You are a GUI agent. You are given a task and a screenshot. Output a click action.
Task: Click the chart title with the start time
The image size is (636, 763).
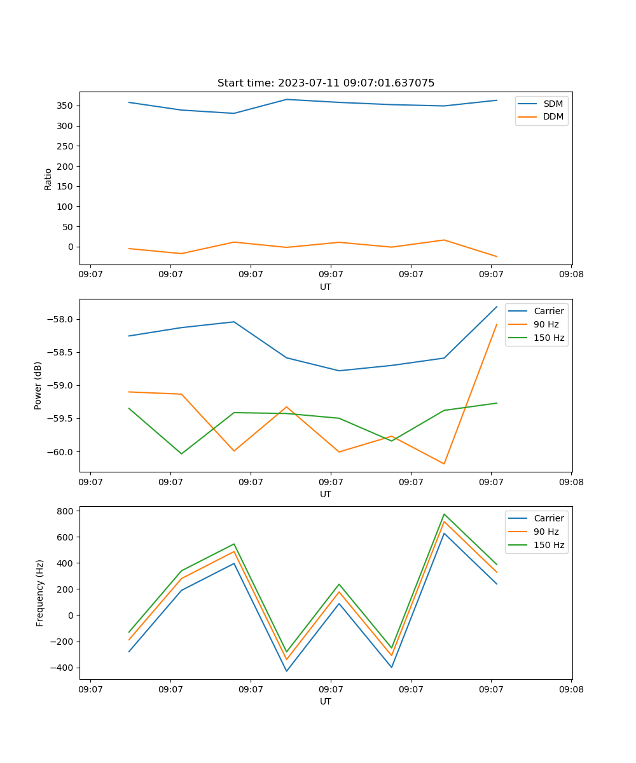click(x=326, y=83)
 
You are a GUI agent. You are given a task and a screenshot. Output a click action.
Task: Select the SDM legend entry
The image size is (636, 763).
click(x=553, y=104)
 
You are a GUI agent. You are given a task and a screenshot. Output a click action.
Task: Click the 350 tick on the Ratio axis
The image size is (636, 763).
click(x=66, y=106)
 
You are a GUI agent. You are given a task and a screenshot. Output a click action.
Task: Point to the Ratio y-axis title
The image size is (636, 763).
click(x=48, y=179)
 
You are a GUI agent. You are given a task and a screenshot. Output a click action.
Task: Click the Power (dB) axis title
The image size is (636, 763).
click(x=38, y=385)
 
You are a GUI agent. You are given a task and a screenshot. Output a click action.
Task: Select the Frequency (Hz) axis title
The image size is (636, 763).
click(x=40, y=593)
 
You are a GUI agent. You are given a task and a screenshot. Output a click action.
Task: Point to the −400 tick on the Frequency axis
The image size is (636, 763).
click(x=64, y=668)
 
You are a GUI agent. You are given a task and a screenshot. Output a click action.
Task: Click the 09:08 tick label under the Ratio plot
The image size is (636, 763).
click(x=571, y=275)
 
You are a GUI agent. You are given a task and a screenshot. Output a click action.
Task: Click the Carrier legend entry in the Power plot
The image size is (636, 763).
click(x=548, y=312)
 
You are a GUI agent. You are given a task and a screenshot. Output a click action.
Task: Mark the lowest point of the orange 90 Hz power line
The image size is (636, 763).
click(x=444, y=464)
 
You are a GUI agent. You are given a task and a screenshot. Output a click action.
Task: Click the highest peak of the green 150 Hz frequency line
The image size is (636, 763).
click(x=444, y=514)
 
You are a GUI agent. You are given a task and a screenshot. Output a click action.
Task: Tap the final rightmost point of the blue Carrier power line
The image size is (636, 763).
click(x=497, y=306)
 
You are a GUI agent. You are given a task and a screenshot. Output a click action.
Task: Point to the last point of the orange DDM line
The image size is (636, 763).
click(x=497, y=257)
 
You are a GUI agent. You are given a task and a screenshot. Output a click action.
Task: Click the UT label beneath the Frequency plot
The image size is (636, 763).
click(x=326, y=701)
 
